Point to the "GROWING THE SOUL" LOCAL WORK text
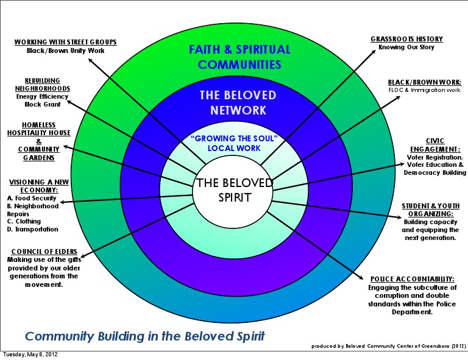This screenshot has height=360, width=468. tap(234, 143)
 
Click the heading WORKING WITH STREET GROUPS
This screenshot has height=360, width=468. tap(65, 42)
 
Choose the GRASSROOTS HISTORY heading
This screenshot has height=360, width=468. tap(406, 39)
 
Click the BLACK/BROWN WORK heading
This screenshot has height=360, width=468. tap(424, 82)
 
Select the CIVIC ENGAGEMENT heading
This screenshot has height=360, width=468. tap(434, 145)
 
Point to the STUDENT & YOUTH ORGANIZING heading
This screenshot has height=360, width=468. tap(430, 210)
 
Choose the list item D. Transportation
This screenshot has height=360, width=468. tap(32, 230)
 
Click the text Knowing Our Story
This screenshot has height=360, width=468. tap(406, 48)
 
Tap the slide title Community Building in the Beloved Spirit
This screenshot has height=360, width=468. tap(144, 336)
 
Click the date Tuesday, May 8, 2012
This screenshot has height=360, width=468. tap(30, 355)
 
